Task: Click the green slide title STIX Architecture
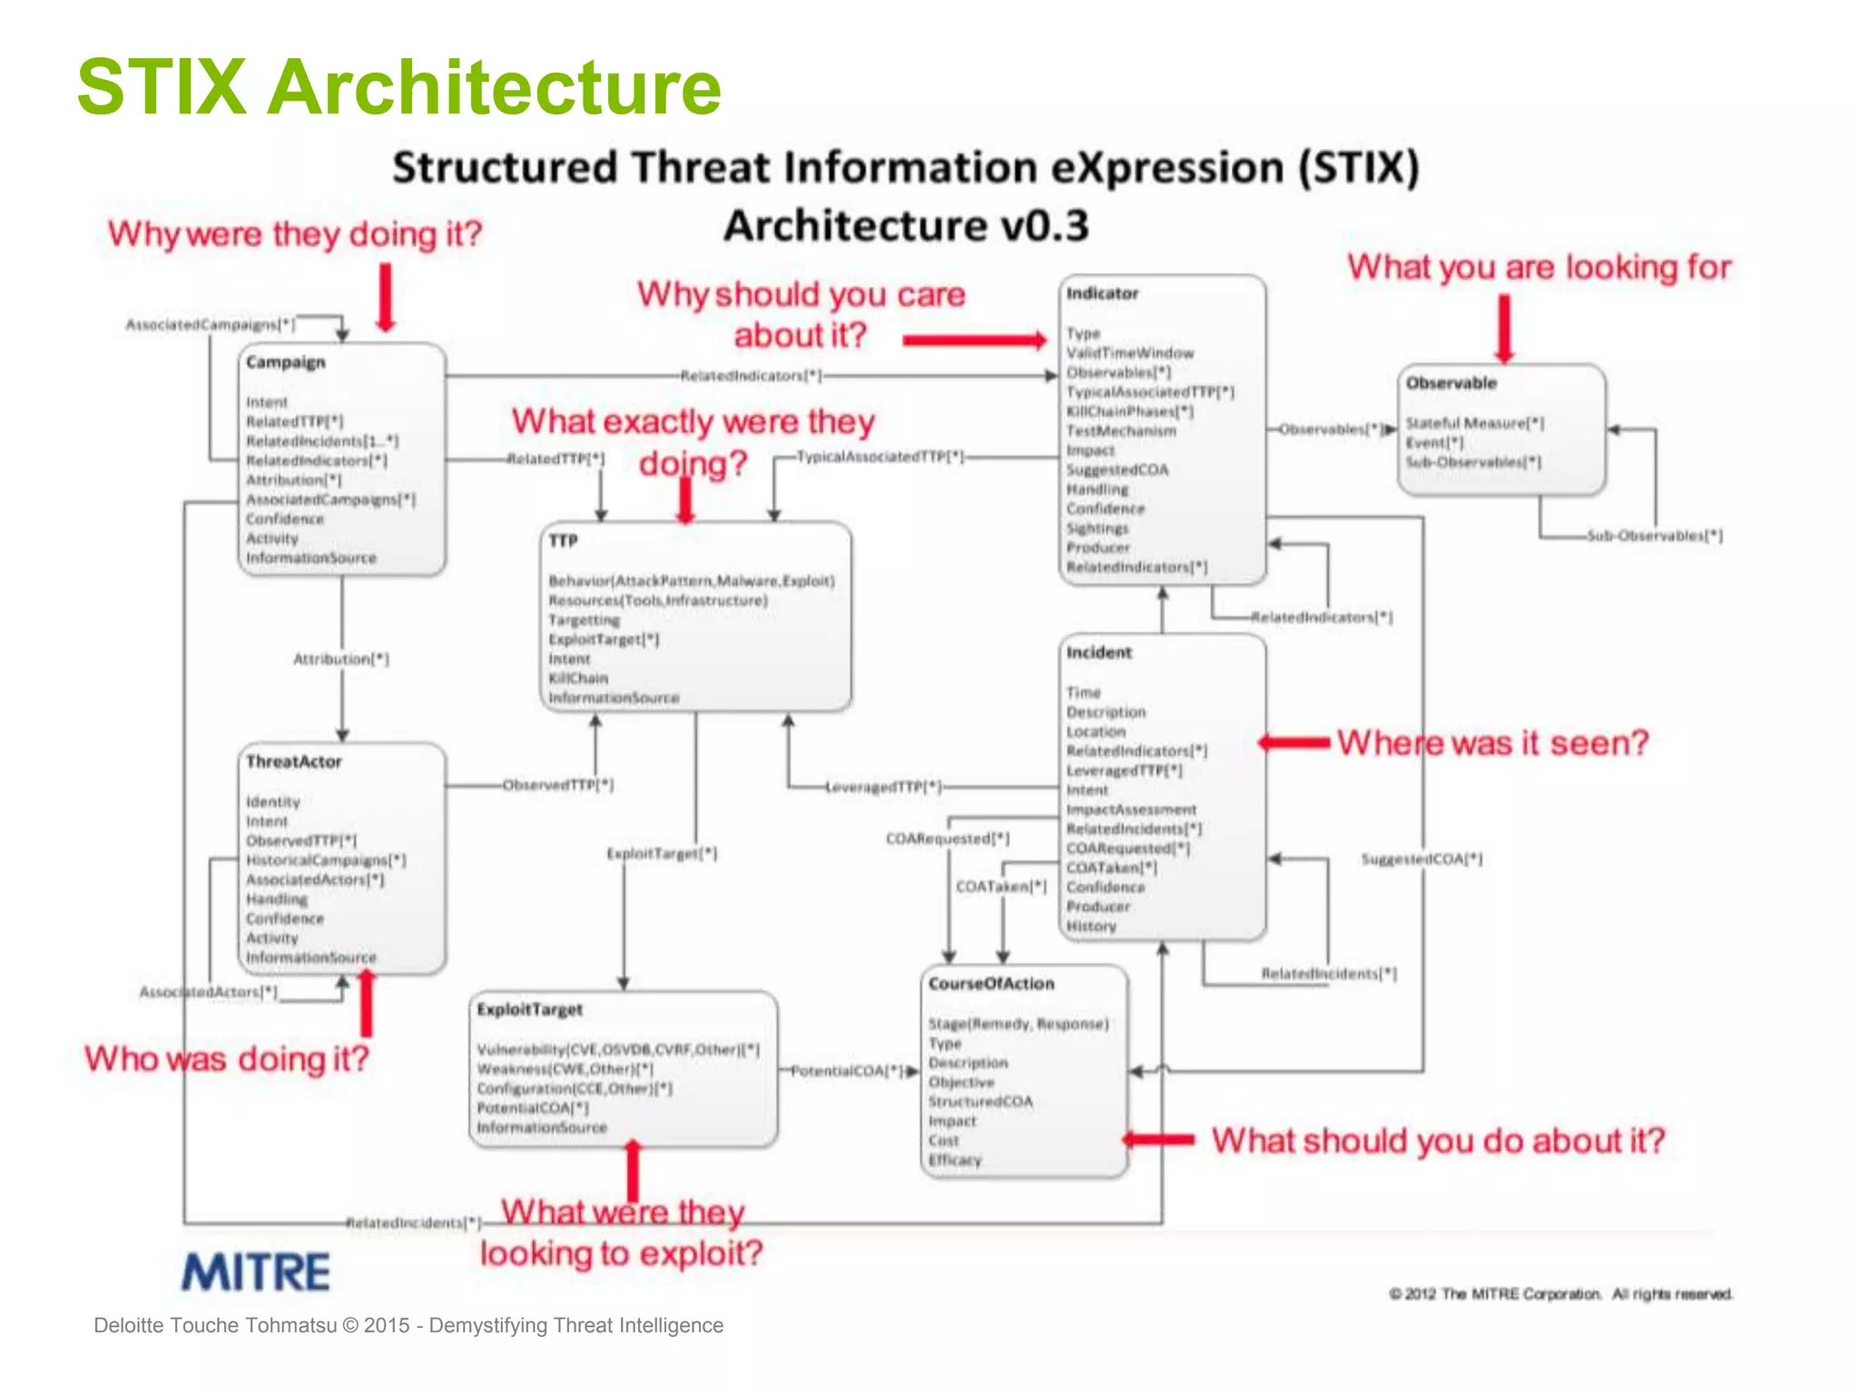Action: (398, 87)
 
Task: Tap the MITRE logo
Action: (256, 1271)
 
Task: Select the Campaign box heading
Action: (286, 362)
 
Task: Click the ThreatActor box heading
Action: (293, 761)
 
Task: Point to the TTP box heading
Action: (563, 541)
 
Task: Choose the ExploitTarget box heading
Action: (529, 1009)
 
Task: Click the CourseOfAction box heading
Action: (991, 984)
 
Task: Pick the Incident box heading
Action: (1098, 653)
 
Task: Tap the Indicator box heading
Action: (1102, 293)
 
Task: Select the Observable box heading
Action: (1451, 383)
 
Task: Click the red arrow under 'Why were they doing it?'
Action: (386, 297)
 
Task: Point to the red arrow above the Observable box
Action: (1504, 329)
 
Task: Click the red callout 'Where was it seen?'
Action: (1492, 742)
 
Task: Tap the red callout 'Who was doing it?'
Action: (227, 1058)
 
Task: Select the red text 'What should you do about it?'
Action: (1438, 1140)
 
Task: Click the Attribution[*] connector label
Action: (341, 659)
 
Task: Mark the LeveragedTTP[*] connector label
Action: (883, 787)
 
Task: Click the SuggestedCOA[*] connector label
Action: (1421, 859)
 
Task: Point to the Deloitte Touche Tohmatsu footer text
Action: (408, 1325)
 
